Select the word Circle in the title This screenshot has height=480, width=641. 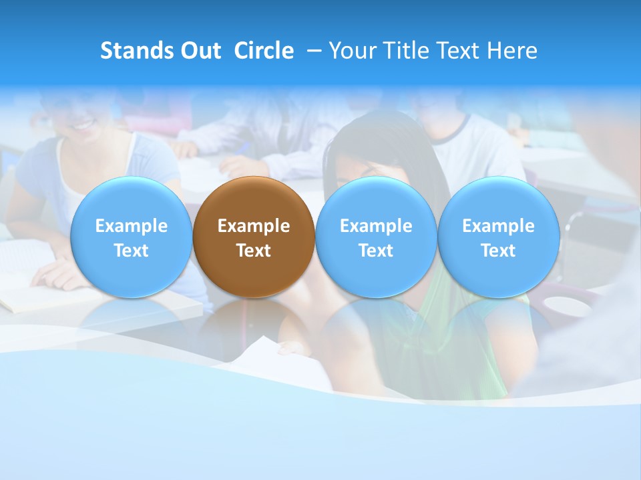coord(264,51)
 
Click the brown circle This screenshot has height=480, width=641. coord(254,237)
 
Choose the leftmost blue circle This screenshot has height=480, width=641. coord(131,237)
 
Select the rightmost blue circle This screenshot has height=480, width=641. coord(498,237)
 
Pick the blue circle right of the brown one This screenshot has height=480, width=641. coord(376,237)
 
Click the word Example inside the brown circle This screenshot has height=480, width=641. coord(254,226)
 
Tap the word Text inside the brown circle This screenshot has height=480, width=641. coord(254,251)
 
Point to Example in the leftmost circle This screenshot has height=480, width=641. coord(131,226)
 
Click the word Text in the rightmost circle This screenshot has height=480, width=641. coord(498,251)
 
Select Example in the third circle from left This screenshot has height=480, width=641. coord(376,226)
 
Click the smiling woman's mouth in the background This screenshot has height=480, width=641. coord(83,124)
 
